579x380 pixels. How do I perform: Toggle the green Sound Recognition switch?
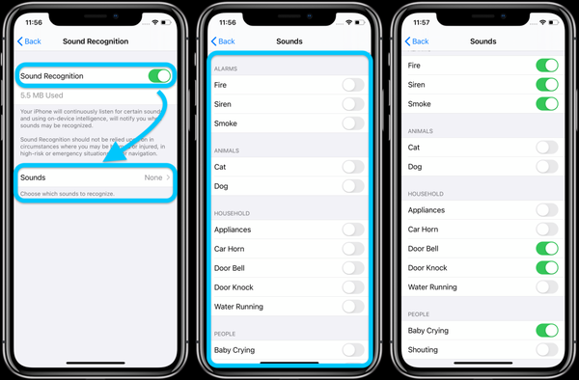click(159, 75)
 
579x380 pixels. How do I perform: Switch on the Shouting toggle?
click(546, 350)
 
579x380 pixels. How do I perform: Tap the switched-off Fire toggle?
click(353, 85)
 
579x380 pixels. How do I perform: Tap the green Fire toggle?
click(546, 65)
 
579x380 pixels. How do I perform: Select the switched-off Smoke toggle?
click(353, 123)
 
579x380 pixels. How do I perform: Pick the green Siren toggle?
click(546, 84)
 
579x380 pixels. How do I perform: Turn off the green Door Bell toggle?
click(546, 248)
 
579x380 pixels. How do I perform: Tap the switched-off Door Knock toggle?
click(353, 287)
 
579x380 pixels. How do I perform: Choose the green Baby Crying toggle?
click(546, 331)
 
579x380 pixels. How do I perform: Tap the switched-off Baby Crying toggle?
click(353, 350)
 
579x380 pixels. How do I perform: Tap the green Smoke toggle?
click(546, 103)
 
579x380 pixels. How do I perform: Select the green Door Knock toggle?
click(546, 267)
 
